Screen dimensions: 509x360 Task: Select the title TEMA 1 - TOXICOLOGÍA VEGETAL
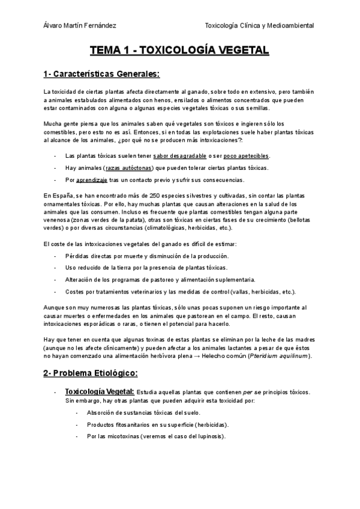pos(179,52)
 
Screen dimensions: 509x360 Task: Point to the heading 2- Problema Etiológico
pos(91,373)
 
